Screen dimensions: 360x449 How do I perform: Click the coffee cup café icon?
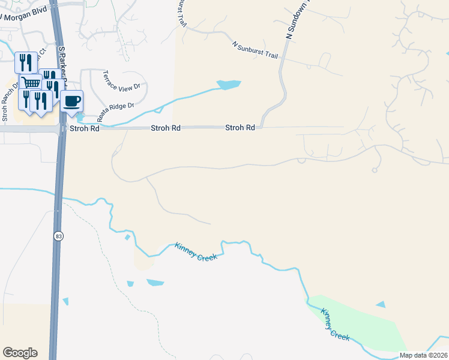[72, 101]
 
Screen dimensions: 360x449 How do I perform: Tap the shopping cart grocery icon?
[30, 82]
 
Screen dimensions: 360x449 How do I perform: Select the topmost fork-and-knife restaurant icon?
[25, 61]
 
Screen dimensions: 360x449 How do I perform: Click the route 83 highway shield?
[58, 236]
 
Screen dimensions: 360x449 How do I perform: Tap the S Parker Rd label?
[62, 57]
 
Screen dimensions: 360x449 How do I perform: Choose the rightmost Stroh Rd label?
[240, 128]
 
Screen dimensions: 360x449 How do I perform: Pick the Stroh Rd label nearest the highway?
[83, 128]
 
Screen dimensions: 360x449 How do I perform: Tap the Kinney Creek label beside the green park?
[335, 325]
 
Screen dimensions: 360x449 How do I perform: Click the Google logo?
[20, 353]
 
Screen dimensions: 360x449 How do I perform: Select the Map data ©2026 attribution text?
[424, 355]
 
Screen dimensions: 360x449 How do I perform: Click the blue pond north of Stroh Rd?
[229, 85]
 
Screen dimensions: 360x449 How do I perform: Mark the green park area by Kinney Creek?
[360, 324]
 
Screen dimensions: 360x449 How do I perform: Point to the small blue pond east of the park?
[381, 305]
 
